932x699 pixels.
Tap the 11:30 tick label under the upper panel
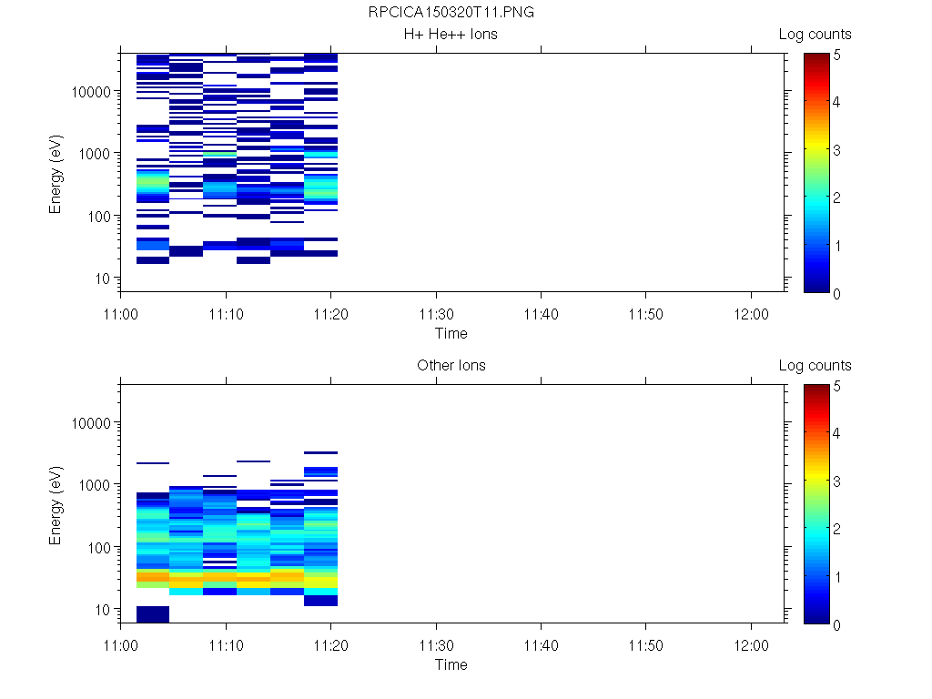click(x=437, y=313)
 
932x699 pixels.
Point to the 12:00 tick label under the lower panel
click(x=750, y=644)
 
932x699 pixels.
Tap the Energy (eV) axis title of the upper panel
click(x=56, y=172)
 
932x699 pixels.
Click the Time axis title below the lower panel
click(x=451, y=664)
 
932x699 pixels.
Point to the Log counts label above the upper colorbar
click(x=815, y=35)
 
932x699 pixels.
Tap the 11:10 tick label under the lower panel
click(x=226, y=644)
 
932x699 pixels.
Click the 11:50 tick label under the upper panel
click(x=645, y=313)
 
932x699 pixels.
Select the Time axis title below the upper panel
click(x=451, y=333)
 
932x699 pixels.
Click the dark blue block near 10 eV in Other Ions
click(x=153, y=613)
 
